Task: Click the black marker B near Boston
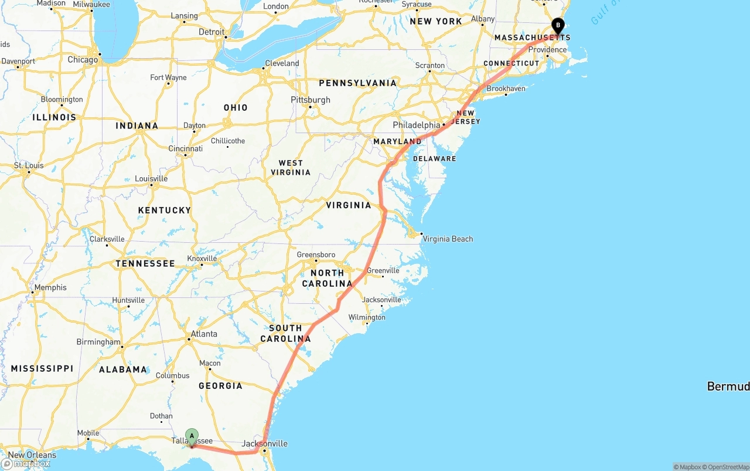pos(558,26)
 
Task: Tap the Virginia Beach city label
pos(448,239)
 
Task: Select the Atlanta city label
pos(203,334)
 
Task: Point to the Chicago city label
pos(83,60)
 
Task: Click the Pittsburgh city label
pos(311,100)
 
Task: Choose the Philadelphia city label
pos(416,125)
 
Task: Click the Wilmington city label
pos(367,317)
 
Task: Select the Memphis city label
pos(50,287)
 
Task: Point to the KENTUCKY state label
pos(165,210)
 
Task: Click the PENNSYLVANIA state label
pos(357,83)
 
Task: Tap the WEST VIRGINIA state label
pos(291,168)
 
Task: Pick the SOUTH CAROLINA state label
pos(285,333)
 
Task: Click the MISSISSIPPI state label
pos(42,368)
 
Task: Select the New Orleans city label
pos(32,455)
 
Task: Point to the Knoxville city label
pos(202,259)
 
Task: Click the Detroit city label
pos(212,32)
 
